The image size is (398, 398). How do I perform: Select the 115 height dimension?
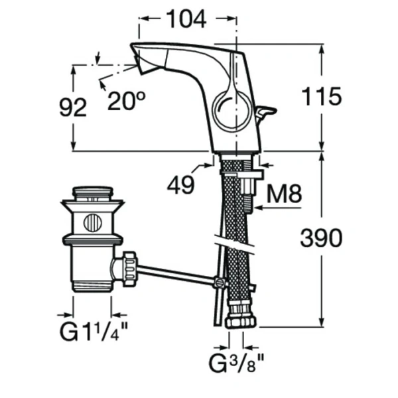[321, 97]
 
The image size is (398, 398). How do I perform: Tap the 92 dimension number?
[74, 107]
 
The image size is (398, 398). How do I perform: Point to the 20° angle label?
[126, 101]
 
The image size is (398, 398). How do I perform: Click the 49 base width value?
[180, 186]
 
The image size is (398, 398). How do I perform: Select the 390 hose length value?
[321, 237]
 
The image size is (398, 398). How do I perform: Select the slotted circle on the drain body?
[92, 222]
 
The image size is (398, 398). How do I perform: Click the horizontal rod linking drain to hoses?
[176, 275]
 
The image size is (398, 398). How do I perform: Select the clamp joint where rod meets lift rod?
[218, 283]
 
